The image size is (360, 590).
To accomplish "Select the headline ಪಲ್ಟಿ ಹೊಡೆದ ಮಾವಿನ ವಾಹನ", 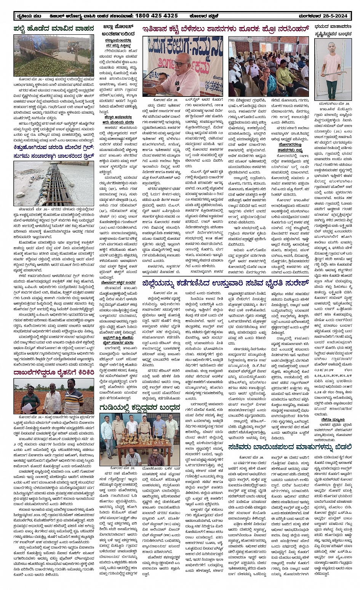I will point(53,28).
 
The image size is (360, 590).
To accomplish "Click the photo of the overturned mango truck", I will point(54,55).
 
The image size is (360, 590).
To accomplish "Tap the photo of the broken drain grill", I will point(54,183).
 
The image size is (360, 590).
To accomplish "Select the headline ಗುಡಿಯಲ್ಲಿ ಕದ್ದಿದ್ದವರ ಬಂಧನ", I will point(139,408).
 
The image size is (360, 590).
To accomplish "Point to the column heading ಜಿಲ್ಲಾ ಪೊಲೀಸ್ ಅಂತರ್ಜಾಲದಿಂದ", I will point(119,30).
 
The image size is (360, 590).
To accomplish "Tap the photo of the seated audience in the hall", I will point(268,66).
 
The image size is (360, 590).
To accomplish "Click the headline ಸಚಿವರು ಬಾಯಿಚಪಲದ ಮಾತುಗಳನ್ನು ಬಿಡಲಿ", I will point(290,447).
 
